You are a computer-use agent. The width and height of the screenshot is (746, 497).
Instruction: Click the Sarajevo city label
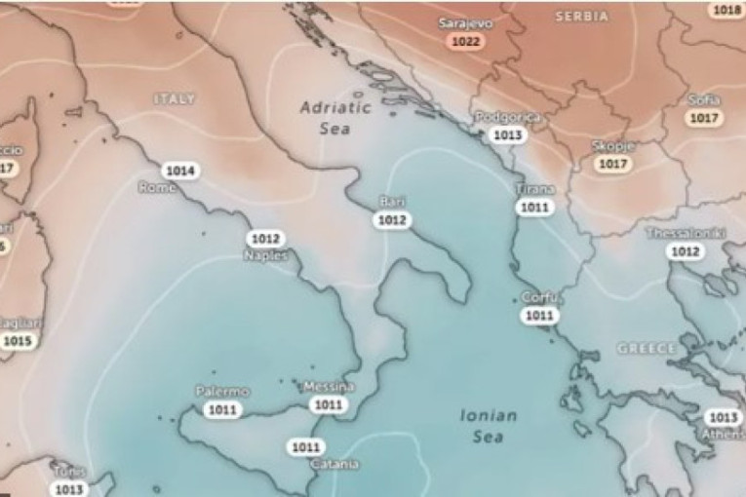click(465, 22)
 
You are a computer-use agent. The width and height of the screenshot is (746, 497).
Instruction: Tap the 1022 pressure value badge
click(465, 42)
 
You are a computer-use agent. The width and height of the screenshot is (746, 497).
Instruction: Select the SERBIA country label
click(581, 17)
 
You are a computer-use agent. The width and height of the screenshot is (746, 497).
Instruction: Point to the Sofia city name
click(703, 100)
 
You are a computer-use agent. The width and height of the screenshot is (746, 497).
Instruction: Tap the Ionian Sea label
click(489, 426)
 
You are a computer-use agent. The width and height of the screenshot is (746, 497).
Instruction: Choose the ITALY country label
click(175, 98)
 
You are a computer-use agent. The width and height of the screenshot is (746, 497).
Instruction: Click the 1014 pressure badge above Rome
click(179, 171)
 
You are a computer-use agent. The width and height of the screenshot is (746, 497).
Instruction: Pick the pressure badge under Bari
click(392, 220)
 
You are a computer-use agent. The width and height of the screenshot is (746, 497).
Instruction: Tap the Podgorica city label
click(507, 117)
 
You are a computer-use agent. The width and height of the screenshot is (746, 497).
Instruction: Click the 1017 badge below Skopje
click(611, 164)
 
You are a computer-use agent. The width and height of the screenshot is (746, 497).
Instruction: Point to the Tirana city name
click(534, 189)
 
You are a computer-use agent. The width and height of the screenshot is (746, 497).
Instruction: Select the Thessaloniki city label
click(684, 233)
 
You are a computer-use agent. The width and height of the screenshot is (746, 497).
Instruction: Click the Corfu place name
click(538, 297)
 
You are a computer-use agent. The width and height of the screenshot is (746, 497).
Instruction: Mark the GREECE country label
click(646, 348)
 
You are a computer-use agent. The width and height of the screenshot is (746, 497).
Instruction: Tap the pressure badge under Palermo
click(222, 409)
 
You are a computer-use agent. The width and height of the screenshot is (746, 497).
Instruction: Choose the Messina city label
click(329, 387)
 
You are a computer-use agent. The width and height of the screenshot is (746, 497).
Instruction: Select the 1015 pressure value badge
click(18, 340)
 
